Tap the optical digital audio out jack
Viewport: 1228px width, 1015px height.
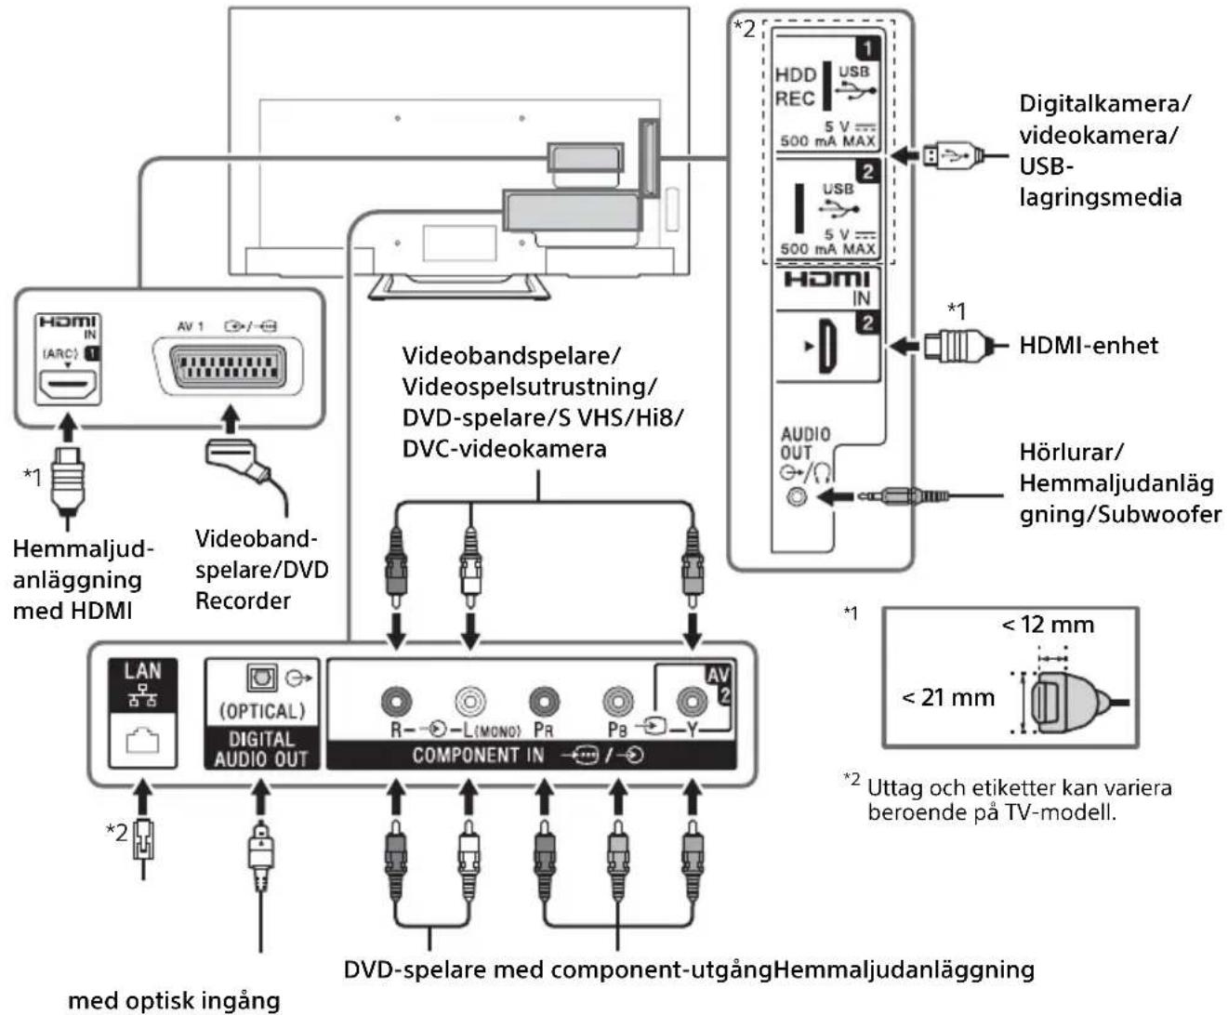click(261, 679)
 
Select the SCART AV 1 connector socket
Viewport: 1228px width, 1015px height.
click(228, 366)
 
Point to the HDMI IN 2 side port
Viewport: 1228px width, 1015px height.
click(827, 346)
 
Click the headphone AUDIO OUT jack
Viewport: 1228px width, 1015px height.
click(797, 497)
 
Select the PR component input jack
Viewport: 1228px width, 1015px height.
click(544, 701)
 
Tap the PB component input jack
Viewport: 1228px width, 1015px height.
click(617, 701)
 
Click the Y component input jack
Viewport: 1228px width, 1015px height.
click(692, 701)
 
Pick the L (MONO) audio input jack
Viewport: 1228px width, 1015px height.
click(469, 701)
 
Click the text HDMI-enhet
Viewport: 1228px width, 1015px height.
click(1089, 345)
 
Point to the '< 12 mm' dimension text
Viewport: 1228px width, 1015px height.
click(1048, 625)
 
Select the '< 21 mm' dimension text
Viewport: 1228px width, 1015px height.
click(947, 697)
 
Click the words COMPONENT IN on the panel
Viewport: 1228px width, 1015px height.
click(478, 755)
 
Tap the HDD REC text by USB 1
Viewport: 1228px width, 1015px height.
click(795, 86)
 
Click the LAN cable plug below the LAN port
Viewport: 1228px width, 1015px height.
click(143, 841)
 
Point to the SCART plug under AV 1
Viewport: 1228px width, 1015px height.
click(238, 462)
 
